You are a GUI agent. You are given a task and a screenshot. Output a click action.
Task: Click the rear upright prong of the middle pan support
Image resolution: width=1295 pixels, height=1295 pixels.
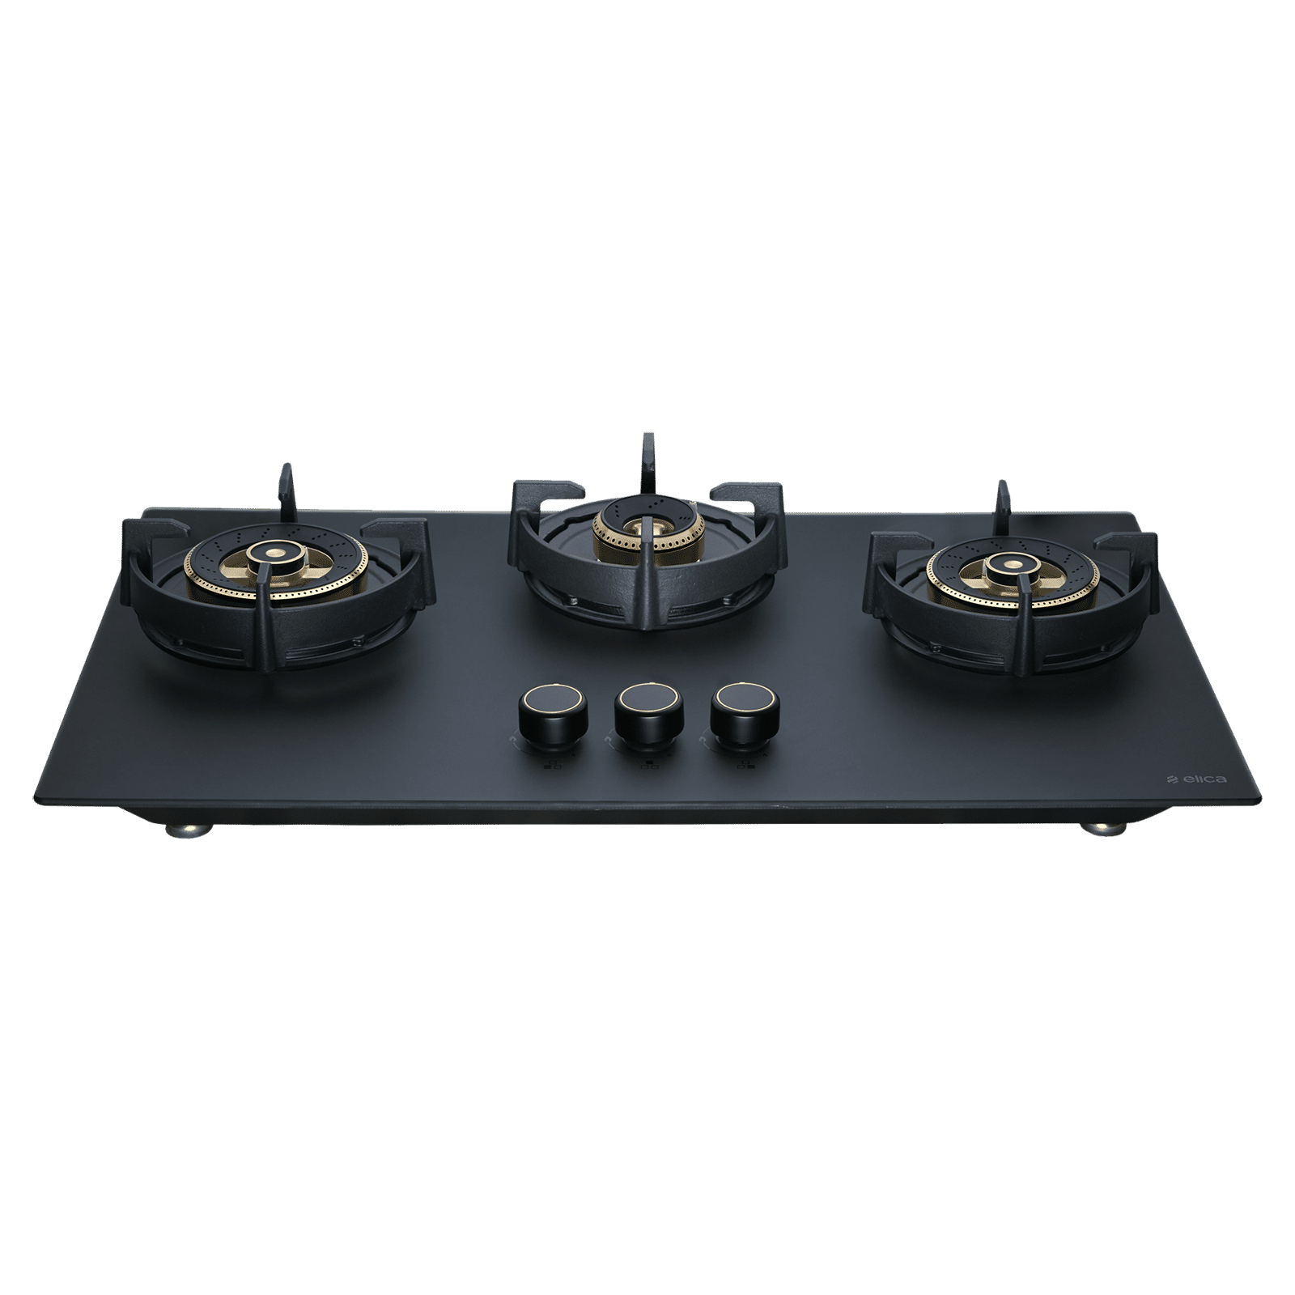click(x=648, y=461)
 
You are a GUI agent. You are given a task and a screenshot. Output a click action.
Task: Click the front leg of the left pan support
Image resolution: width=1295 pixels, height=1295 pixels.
click(x=268, y=615)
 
